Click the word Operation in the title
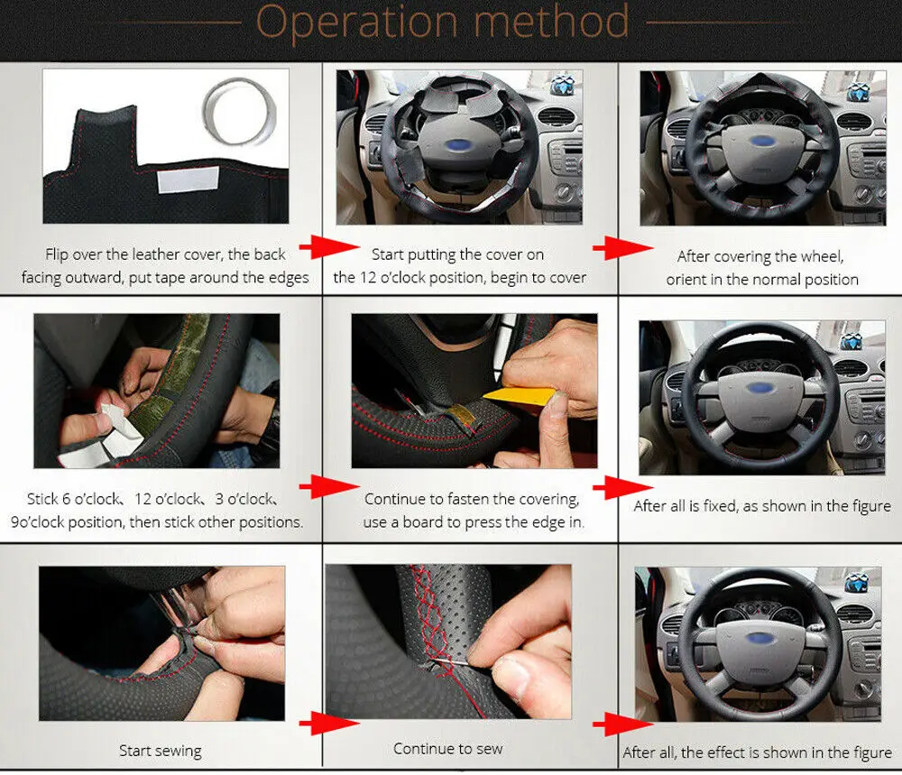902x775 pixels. (x=355, y=23)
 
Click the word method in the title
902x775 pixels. (x=551, y=22)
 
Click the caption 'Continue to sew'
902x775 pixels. (x=447, y=748)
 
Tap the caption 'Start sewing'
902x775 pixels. (x=160, y=750)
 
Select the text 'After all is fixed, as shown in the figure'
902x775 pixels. (x=761, y=506)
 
